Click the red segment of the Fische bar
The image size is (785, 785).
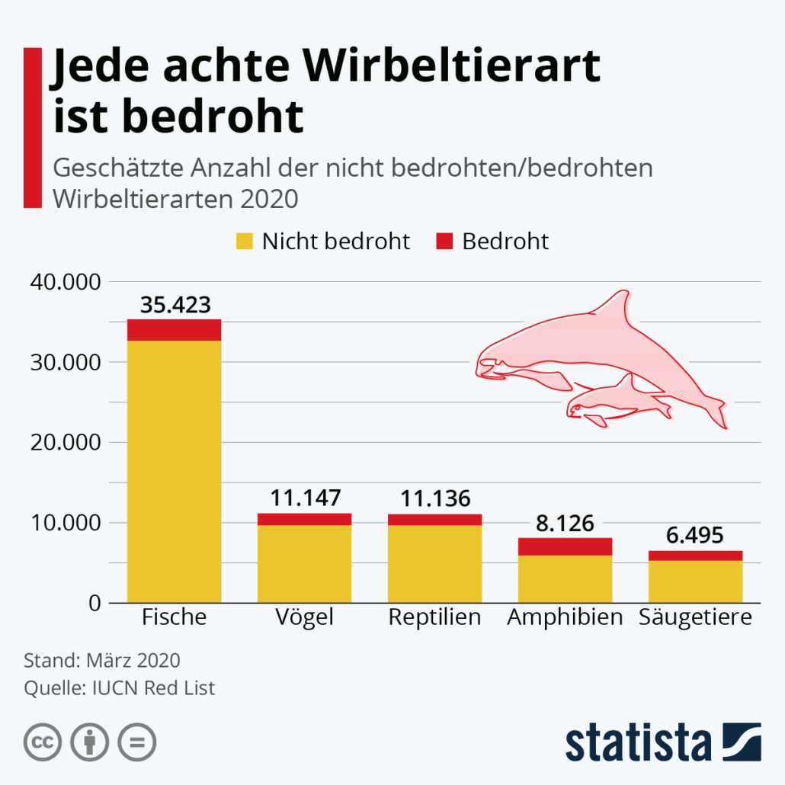pos(174,329)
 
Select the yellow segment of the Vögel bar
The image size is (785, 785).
pos(304,564)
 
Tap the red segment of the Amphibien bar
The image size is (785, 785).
pos(565,546)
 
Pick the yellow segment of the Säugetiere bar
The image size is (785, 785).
pos(695,582)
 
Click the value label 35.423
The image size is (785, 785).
pos(175,305)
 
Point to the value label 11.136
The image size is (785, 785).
pos(435,499)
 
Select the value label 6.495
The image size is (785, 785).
pos(695,536)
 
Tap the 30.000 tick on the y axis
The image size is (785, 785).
pos(66,363)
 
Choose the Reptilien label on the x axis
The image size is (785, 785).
pos(434,617)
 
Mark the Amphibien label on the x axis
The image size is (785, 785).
pos(565,617)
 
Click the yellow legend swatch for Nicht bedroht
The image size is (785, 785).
pos(243,242)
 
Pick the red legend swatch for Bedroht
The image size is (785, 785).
pos(444,242)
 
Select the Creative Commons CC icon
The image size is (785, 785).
pos(43,741)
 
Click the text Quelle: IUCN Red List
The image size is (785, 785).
pos(120,688)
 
